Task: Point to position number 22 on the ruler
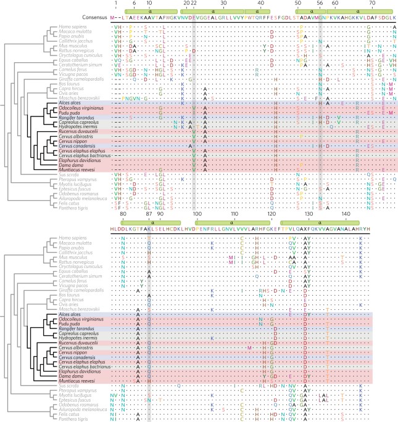[194, 3]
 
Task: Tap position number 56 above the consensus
[320, 3]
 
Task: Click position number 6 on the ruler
[135, 3]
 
